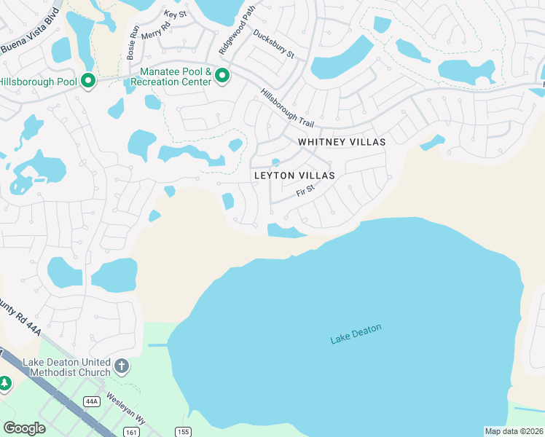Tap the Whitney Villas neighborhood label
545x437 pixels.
pos(341,141)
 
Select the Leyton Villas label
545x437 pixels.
pos(294,176)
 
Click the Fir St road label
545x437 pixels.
pos(305,192)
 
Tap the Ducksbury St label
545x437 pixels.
pos(273,44)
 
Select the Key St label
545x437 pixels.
pos(176,14)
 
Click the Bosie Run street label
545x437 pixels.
pos(133,43)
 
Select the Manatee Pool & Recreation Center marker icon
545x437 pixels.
pos(222,76)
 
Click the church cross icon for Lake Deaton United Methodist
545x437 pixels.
pos(122,366)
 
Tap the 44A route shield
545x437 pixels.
pos(91,401)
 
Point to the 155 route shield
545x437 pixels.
pos(183,432)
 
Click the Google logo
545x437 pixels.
pos(24,428)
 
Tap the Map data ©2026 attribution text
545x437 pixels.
pos(514,430)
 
